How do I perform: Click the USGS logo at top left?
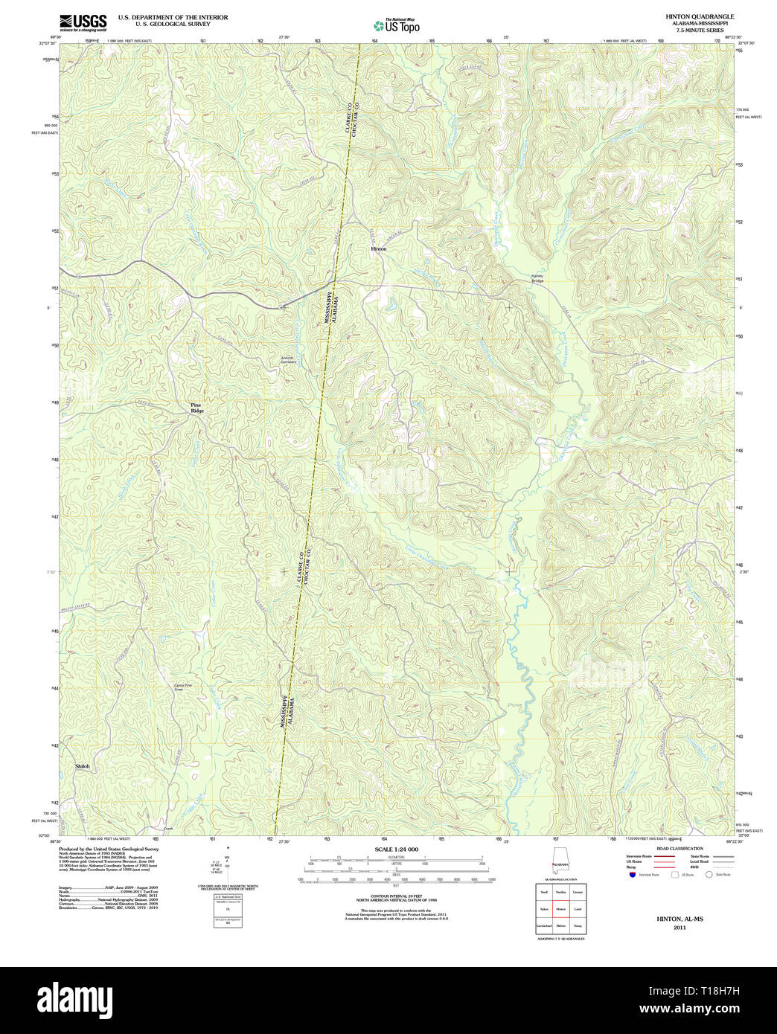(83, 22)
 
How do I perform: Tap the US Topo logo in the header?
(397, 25)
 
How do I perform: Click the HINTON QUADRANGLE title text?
(689, 16)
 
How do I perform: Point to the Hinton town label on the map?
(379, 248)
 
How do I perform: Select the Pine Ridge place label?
(197, 408)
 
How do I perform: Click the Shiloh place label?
(83, 765)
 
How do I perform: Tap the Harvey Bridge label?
(537, 278)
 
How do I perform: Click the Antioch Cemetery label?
(288, 360)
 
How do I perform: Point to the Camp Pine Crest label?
(183, 687)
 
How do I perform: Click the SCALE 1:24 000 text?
(396, 850)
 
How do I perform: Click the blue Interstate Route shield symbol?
(632, 875)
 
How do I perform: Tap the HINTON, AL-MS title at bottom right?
(680, 919)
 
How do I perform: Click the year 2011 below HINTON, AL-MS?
(680, 928)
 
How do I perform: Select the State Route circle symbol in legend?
(709, 875)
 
